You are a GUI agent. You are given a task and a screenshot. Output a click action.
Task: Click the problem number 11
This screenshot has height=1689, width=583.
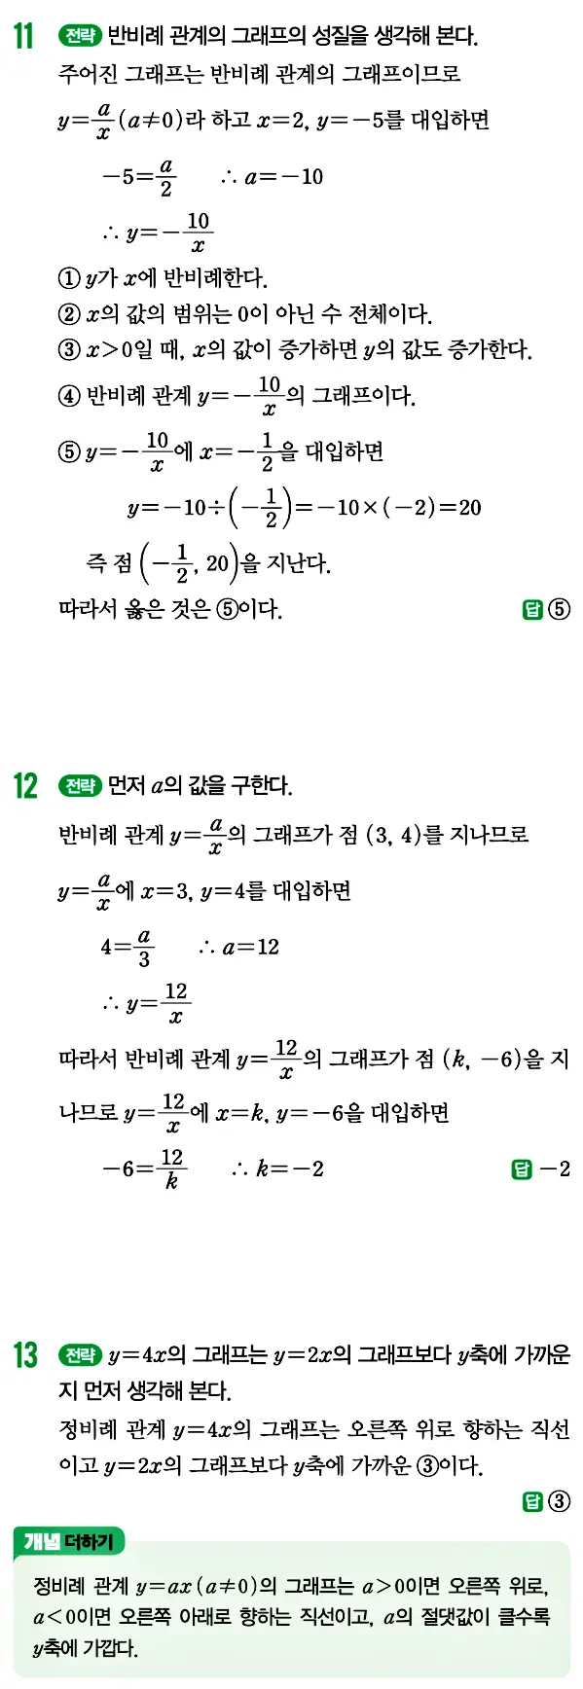[23, 37]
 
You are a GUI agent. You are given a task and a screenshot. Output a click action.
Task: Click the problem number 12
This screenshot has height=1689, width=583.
[24, 785]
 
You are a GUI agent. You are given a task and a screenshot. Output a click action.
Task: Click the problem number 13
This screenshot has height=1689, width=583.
[24, 1354]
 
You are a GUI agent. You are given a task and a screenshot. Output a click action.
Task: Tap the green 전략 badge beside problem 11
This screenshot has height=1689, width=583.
[80, 37]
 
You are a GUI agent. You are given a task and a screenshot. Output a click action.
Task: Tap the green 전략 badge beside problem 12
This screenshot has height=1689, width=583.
[80, 785]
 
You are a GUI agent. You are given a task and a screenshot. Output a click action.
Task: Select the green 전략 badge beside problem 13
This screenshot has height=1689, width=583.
[80, 1354]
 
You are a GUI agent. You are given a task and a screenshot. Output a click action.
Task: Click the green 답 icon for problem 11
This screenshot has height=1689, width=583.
[532, 610]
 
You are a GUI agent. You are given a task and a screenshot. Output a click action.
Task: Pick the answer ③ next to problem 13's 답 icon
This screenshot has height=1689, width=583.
[559, 1501]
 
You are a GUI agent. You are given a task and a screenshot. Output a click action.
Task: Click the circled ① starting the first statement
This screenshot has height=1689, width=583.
[69, 279]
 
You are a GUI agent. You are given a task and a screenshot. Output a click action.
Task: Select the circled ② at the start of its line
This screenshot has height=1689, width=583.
[69, 314]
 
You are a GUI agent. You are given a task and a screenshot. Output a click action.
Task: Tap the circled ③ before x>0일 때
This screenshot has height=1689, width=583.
[69, 349]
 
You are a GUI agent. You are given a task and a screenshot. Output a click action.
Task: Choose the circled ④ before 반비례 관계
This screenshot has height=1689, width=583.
[69, 396]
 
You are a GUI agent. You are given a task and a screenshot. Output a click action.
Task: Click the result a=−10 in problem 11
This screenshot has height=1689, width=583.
[283, 177]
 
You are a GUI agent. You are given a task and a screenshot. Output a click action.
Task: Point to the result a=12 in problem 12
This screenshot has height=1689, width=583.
[250, 948]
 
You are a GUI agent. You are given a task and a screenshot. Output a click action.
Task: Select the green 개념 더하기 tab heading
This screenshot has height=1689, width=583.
[69, 1541]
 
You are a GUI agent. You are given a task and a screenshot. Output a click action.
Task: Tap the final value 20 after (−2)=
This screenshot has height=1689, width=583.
[470, 507]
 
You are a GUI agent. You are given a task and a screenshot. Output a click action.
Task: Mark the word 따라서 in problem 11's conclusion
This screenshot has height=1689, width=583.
[90, 610]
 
